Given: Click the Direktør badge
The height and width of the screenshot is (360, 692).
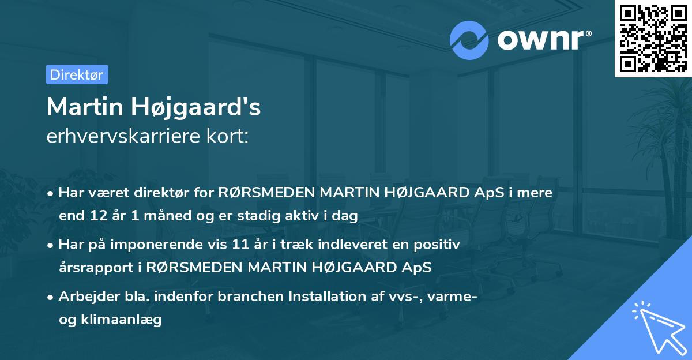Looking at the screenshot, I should pos(77,74).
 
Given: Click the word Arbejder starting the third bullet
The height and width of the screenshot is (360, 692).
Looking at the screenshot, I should pos(84,297).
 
